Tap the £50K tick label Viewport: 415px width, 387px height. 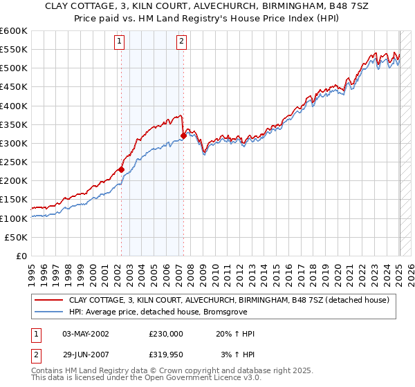pyautogui.click(x=17, y=237)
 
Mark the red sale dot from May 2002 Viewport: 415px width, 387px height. pyautogui.click(x=121, y=169)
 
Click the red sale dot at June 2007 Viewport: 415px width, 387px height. pyautogui.click(x=183, y=135)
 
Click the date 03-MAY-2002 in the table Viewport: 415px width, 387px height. pyautogui.click(x=86, y=334)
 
